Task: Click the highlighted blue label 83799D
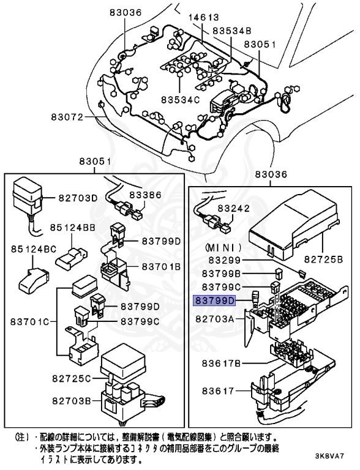[x=215, y=300]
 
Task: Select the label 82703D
[x=78, y=198]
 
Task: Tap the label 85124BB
[x=72, y=227]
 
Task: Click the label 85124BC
[x=32, y=249]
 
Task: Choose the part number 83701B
[x=162, y=267]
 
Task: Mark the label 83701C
[x=30, y=320]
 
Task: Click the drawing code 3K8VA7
[x=331, y=457]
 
